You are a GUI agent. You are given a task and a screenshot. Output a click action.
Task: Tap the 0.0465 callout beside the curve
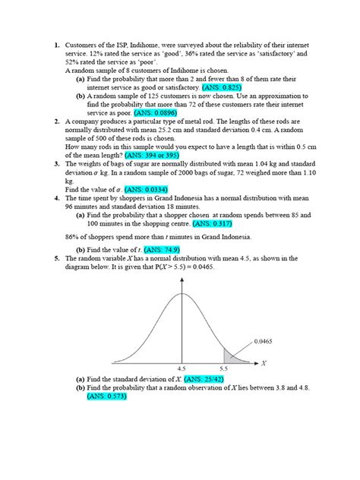[x=264, y=342]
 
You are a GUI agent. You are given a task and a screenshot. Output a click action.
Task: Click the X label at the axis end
[x=264, y=362]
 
